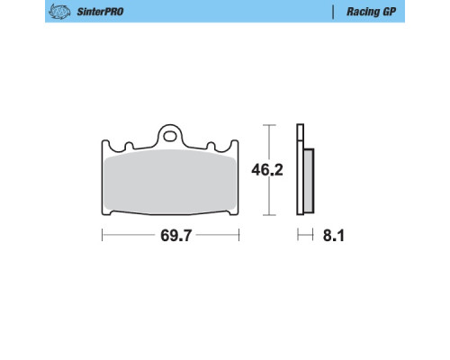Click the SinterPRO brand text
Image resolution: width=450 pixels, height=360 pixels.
[x=100, y=12]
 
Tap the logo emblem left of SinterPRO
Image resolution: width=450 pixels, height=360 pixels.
[x=59, y=12]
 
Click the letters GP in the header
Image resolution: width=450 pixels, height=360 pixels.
[x=389, y=12]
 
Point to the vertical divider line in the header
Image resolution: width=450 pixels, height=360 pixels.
[x=333, y=12]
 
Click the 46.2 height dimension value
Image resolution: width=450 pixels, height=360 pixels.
[x=267, y=170]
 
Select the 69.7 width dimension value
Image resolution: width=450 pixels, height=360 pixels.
[x=175, y=235]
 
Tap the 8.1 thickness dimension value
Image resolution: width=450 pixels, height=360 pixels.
[x=333, y=236]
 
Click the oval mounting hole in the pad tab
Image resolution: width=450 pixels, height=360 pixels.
[x=170, y=136]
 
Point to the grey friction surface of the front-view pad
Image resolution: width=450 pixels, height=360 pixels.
[x=170, y=182]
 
